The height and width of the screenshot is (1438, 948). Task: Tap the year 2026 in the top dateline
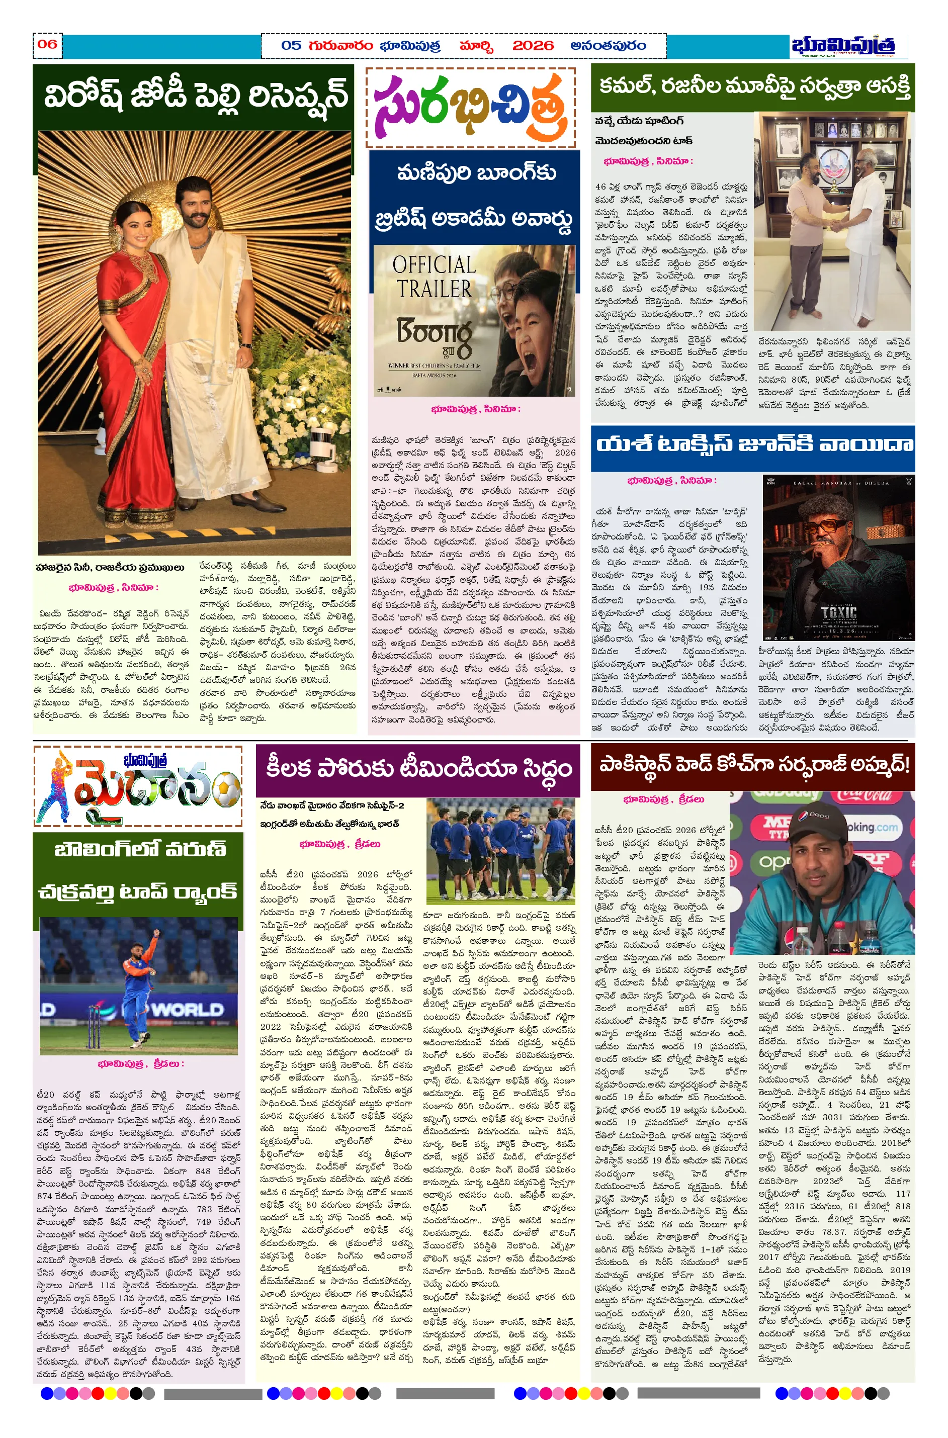(533, 46)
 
